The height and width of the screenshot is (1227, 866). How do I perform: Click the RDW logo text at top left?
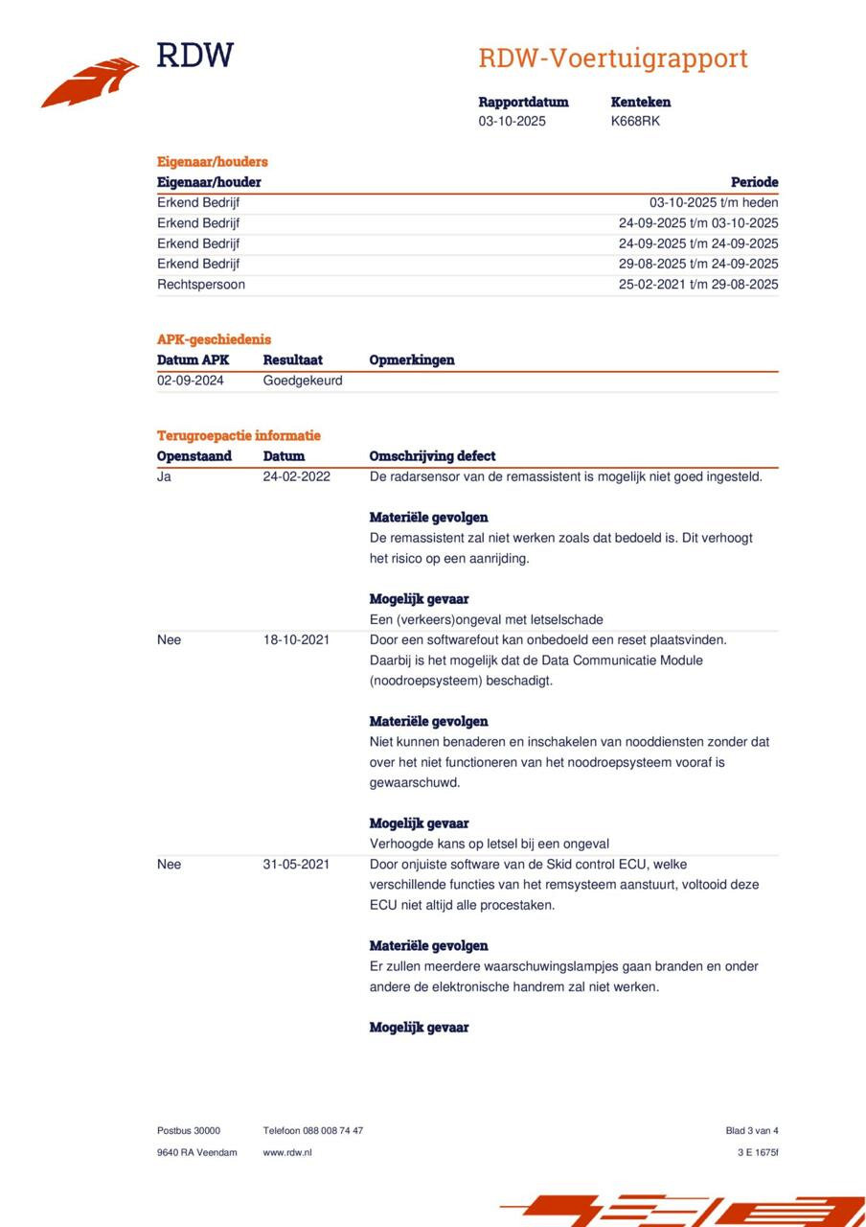pyautogui.click(x=194, y=56)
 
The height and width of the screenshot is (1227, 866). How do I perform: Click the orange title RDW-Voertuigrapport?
pyautogui.click(x=612, y=58)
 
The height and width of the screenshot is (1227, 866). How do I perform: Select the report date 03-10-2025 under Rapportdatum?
pyautogui.click(x=512, y=122)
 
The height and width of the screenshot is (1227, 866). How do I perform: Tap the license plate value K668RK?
pyautogui.click(x=635, y=122)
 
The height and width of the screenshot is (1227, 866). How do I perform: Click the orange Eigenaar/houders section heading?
pyautogui.click(x=212, y=162)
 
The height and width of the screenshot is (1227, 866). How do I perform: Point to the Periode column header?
pyautogui.click(x=754, y=182)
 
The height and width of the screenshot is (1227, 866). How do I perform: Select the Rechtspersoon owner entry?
pyautogui.click(x=201, y=285)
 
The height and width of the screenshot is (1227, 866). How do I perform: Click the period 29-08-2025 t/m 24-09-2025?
pyautogui.click(x=698, y=265)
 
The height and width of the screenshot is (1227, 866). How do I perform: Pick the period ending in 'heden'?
pyautogui.click(x=714, y=203)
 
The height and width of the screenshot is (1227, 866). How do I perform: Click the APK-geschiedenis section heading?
pyautogui.click(x=214, y=339)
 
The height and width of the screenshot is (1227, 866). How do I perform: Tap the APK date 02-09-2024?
pyautogui.click(x=191, y=381)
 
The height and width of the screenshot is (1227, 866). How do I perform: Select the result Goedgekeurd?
pyautogui.click(x=303, y=381)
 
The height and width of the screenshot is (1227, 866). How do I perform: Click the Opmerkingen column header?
pyautogui.click(x=412, y=360)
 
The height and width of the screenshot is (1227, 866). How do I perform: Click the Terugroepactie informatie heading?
pyautogui.click(x=239, y=436)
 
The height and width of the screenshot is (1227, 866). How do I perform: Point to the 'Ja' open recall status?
pyautogui.click(x=164, y=476)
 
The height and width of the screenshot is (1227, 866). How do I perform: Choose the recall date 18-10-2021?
pyautogui.click(x=296, y=640)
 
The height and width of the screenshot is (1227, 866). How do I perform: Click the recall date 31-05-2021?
pyautogui.click(x=296, y=865)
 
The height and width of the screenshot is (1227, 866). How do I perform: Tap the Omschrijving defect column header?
pyautogui.click(x=432, y=456)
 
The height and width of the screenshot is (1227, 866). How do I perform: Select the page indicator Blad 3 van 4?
pyautogui.click(x=752, y=1131)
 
